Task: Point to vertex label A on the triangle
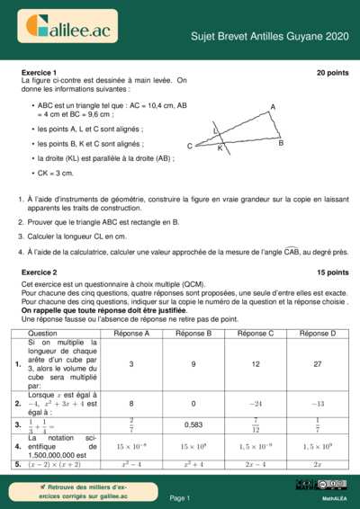273,107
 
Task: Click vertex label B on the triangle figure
281,143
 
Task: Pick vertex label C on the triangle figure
190,147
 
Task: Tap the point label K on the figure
220,149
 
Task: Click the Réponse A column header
131,334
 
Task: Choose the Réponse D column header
317,334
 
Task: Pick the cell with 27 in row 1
317,364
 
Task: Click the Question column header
45,334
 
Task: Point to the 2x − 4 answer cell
255,464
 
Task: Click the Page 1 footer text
180,497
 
